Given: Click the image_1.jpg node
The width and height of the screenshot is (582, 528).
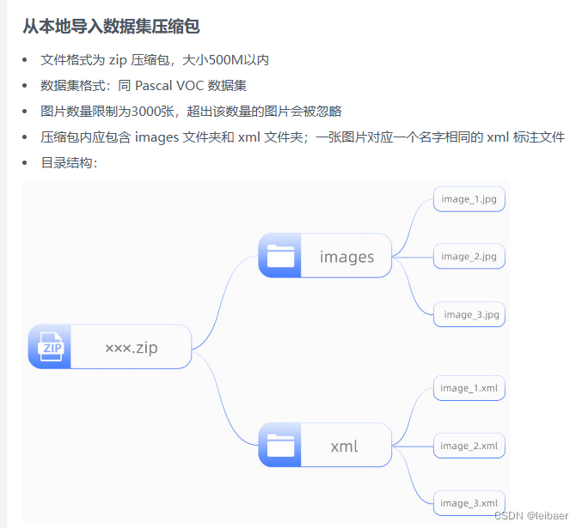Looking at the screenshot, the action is (469, 199).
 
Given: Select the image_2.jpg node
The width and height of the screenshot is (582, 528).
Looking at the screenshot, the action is (469, 257).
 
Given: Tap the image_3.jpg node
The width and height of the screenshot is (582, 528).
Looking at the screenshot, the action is (469, 314).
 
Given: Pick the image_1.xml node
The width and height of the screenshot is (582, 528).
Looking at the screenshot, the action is (469, 388).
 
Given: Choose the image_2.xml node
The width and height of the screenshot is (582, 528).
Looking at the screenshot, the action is (469, 446).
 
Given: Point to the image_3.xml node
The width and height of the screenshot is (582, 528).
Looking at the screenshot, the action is (469, 503).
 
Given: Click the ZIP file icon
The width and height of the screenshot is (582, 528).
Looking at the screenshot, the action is (50, 347).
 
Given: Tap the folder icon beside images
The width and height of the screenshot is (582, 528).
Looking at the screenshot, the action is (280, 256).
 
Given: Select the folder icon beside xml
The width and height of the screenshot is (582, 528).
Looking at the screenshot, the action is (280, 446).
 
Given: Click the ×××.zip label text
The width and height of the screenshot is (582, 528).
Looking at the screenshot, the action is (131, 348).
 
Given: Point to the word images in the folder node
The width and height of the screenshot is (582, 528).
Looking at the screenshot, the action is (346, 257).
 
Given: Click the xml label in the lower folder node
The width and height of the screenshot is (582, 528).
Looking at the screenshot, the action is (344, 446).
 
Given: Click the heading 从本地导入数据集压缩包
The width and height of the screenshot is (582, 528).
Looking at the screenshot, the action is (111, 27).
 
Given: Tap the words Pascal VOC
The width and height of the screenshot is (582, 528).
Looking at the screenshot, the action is (168, 86).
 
